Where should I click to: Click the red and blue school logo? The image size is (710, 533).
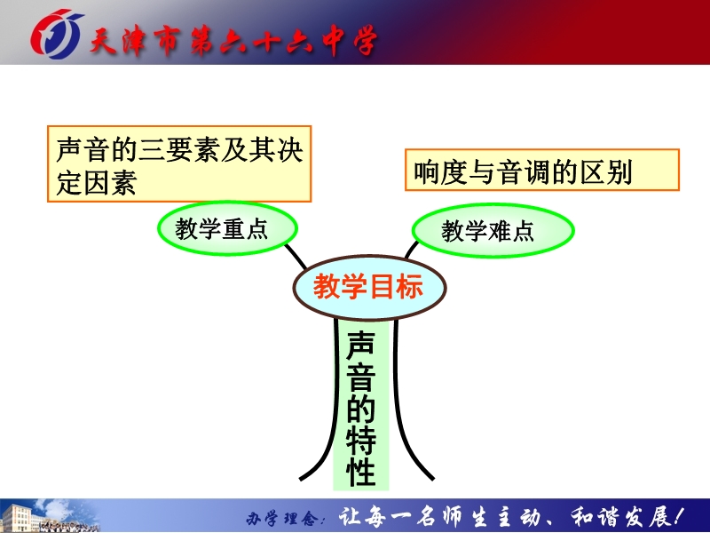[56, 34]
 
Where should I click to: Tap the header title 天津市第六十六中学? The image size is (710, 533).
[233, 41]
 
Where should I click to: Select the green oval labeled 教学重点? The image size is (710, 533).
[227, 228]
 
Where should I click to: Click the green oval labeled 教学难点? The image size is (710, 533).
[493, 230]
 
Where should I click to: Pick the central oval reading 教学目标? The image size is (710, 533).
[369, 287]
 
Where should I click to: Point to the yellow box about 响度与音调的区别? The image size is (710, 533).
[542, 170]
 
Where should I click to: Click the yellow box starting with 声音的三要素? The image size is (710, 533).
[179, 163]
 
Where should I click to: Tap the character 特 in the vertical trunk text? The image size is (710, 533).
[361, 438]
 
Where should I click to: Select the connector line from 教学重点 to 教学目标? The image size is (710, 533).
[296, 257]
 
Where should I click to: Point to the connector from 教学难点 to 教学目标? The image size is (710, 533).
[411, 250]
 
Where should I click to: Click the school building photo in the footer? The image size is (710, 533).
[50, 516]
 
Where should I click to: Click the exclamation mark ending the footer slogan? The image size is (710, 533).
[677, 516]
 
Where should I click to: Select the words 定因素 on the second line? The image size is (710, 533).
[97, 183]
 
